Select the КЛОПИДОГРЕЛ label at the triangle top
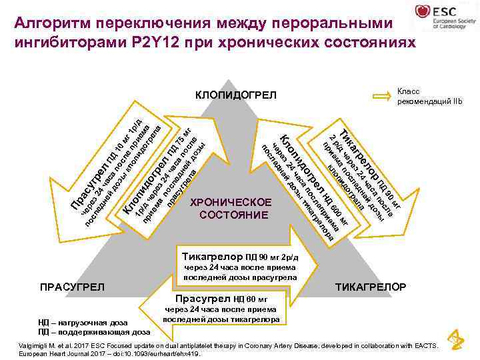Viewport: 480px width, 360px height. pyautogui.click(x=236, y=96)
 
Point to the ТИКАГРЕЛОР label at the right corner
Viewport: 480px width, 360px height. pyautogui.click(x=371, y=287)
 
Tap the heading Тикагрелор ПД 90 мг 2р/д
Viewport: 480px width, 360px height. pyautogui.click(x=241, y=257)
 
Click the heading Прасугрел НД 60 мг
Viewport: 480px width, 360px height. pyautogui.click(x=219, y=298)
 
